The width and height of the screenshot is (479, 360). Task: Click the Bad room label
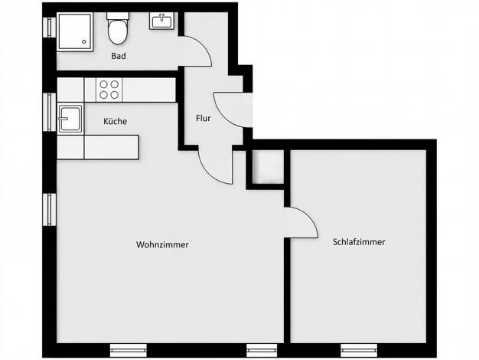pos(119,56)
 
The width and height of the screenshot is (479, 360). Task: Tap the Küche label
pos(116,121)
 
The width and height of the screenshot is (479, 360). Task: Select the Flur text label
pos(204,118)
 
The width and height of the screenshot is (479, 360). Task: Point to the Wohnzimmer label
pos(162,244)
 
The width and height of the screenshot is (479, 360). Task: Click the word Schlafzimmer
pos(359,242)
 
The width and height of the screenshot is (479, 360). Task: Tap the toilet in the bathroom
pos(118,28)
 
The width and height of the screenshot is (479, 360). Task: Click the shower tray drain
pos(84,41)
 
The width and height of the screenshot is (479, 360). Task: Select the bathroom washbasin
pos(162,21)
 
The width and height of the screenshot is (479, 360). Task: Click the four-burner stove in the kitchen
pos(109,90)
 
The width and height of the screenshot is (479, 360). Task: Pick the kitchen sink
pos(70,119)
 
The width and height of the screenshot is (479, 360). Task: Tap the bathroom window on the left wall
pos(49,28)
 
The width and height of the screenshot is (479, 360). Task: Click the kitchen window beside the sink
pos(49,112)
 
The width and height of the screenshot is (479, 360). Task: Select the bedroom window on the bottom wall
pos(359,350)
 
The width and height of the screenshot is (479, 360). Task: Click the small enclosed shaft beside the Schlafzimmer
pos(269,167)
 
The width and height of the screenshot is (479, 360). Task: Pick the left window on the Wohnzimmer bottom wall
pos(129,350)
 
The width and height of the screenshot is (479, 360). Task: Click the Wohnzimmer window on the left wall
pos(49,210)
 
